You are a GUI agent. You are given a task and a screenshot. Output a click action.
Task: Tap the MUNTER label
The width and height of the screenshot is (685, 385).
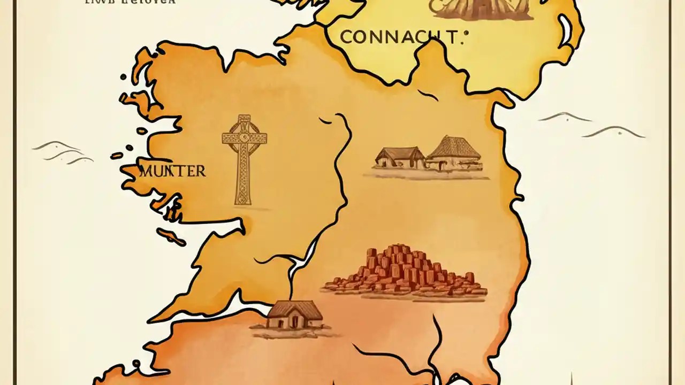pos(172,172)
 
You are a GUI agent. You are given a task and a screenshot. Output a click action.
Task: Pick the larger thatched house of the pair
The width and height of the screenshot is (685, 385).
pos(454,153)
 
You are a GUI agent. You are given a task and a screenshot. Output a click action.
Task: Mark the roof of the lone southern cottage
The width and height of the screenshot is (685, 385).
pos(296,309)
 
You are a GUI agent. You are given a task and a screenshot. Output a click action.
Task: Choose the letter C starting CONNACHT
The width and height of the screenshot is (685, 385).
pos(346,37)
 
